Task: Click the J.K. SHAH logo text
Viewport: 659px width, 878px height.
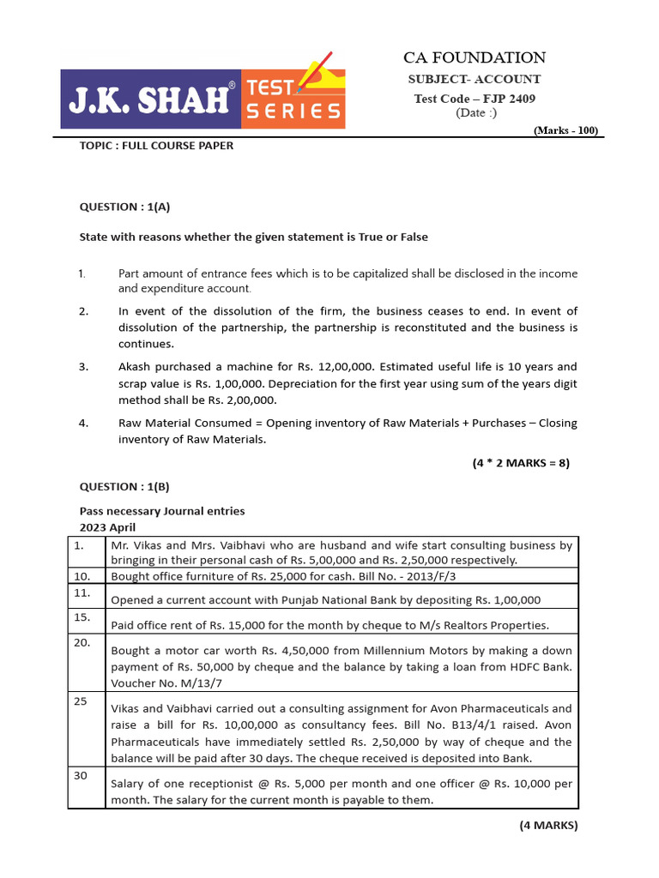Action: [151, 100]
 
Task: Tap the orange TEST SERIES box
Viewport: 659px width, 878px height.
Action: [293, 99]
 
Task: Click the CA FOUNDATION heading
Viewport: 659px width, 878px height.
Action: [475, 58]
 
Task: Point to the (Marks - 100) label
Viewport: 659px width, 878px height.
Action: [565, 130]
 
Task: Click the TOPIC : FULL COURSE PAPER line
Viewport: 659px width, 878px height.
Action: [156, 146]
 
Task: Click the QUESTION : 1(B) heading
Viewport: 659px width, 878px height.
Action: [125, 486]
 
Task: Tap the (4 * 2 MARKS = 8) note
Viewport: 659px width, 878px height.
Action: [521, 463]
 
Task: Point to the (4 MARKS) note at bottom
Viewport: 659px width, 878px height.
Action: [548, 826]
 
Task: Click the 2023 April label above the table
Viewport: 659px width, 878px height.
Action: [107, 526]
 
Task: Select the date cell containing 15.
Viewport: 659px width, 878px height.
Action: [80, 617]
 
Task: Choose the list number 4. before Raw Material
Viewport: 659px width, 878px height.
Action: [83, 423]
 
